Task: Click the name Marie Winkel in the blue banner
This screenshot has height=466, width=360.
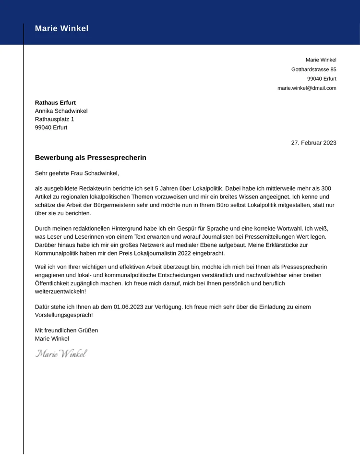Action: [61, 29]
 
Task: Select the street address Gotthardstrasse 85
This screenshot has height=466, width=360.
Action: [313, 70]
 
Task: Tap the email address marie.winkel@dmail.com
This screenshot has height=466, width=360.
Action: [307, 88]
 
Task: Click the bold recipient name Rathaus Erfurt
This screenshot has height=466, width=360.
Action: [55, 103]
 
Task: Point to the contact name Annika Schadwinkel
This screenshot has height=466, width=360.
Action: [61, 111]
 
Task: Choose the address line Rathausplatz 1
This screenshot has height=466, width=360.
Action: [54, 119]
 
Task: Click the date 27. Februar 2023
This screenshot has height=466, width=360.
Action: [313, 143]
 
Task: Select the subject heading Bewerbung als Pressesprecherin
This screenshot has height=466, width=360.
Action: [90, 158]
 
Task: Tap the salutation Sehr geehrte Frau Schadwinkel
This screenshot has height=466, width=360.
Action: [77, 173]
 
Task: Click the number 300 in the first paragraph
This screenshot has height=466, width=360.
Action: [326, 189]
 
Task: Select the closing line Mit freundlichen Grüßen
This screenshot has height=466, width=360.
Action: [66, 331]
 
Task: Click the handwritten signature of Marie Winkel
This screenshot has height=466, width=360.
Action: [61, 354]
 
